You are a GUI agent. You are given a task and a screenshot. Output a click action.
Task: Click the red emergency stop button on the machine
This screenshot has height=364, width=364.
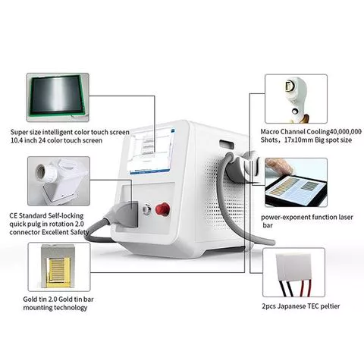(162, 209)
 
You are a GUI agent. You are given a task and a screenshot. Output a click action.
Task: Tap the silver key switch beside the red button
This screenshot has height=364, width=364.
(147, 209)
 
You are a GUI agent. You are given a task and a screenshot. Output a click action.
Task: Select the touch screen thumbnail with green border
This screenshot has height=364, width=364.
(58, 97)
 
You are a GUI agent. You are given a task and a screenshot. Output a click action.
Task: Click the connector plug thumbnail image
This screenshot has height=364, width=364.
(58, 180)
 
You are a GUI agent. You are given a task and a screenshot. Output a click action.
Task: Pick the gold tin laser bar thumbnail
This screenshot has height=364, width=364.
(59, 267)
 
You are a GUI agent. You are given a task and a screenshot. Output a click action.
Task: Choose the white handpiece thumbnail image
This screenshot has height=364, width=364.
(296, 99)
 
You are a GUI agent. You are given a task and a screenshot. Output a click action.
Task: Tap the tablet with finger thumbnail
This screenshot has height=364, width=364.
(296, 182)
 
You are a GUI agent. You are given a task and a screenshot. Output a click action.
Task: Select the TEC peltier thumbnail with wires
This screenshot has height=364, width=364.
(293, 272)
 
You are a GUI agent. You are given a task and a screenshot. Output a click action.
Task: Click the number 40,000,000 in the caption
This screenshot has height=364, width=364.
(346, 132)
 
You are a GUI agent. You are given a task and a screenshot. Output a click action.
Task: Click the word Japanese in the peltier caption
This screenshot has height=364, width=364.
(291, 306)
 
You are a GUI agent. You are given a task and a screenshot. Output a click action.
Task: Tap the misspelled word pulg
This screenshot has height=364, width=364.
(39, 224)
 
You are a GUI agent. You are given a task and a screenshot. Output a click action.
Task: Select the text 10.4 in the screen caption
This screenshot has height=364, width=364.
(16, 140)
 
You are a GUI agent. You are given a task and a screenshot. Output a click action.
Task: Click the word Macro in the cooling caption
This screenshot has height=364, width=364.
(270, 132)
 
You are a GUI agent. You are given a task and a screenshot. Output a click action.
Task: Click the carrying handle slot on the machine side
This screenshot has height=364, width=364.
(227, 144)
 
